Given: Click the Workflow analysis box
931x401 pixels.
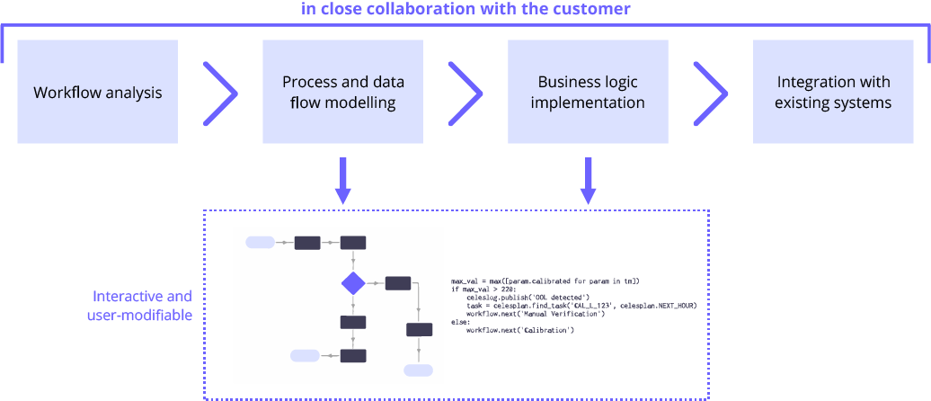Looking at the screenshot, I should click(98, 92).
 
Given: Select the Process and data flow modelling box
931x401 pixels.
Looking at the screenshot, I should click(342, 92).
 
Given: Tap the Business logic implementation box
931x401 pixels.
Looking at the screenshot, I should click(588, 92).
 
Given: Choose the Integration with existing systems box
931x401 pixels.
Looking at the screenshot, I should click(833, 92).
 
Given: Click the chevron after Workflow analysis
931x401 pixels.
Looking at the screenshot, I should click(220, 93).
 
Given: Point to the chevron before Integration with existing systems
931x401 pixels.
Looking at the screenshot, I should click(710, 93).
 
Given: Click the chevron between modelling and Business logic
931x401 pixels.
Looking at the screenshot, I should click(465, 93).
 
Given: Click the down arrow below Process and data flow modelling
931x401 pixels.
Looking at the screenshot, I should click(342, 181).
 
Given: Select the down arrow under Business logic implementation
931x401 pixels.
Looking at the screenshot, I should click(588, 181).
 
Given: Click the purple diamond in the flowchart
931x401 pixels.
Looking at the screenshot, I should click(353, 283).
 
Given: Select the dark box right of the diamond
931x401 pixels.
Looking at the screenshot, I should click(398, 283).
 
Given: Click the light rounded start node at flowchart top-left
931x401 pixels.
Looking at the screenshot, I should click(260, 242).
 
